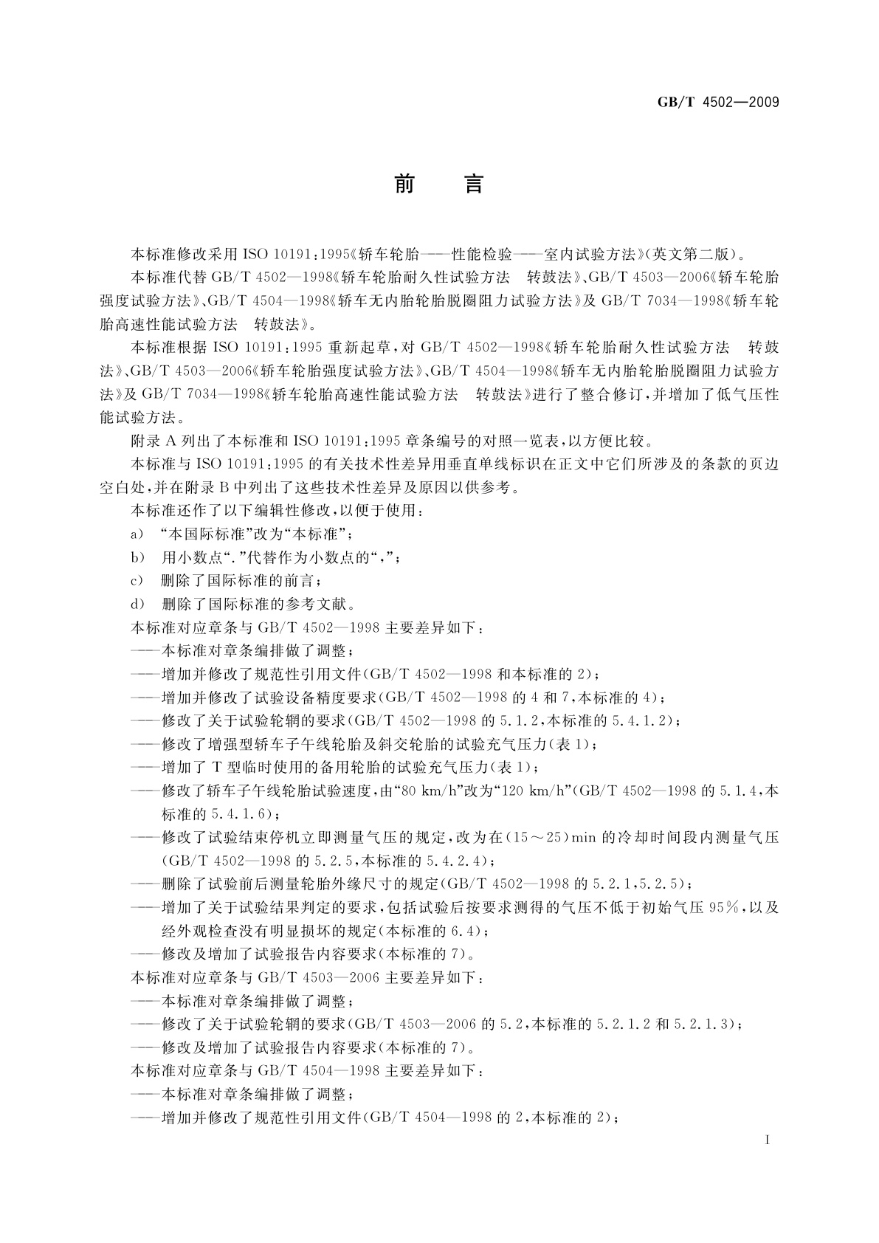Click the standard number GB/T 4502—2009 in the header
(717, 102)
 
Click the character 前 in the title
(404, 184)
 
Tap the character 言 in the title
(473, 184)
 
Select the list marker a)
(137, 534)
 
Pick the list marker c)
(137, 581)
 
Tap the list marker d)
(137, 605)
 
